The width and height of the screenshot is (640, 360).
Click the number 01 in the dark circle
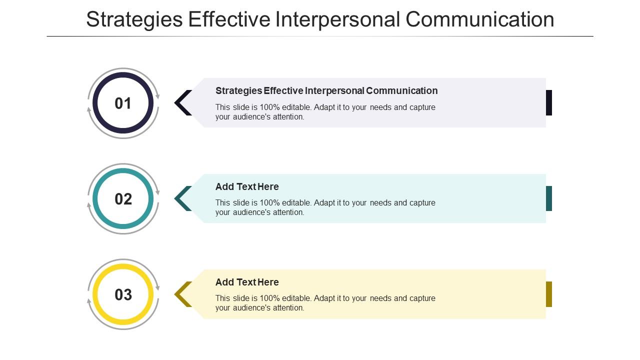(x=123, y=103)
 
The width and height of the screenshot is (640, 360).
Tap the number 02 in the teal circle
(x=123, y=199)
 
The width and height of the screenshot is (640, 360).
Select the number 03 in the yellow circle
(x=123, y=294)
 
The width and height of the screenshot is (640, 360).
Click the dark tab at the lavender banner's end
(x=548, y=102)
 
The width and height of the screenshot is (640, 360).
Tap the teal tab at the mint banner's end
(x=548, y=198)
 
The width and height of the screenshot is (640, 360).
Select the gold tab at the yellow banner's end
(x=548, y=294)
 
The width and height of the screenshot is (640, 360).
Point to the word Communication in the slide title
(x=480, y=19)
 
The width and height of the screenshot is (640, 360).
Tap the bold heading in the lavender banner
(x=326, y=90)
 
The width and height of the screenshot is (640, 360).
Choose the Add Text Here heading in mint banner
(x=247, y=186)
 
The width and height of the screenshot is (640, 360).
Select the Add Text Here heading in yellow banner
(x=247, y=282)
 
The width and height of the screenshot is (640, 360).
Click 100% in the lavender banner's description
(x=269, y=107)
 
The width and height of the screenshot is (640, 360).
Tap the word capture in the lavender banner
(x=422, y=107)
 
